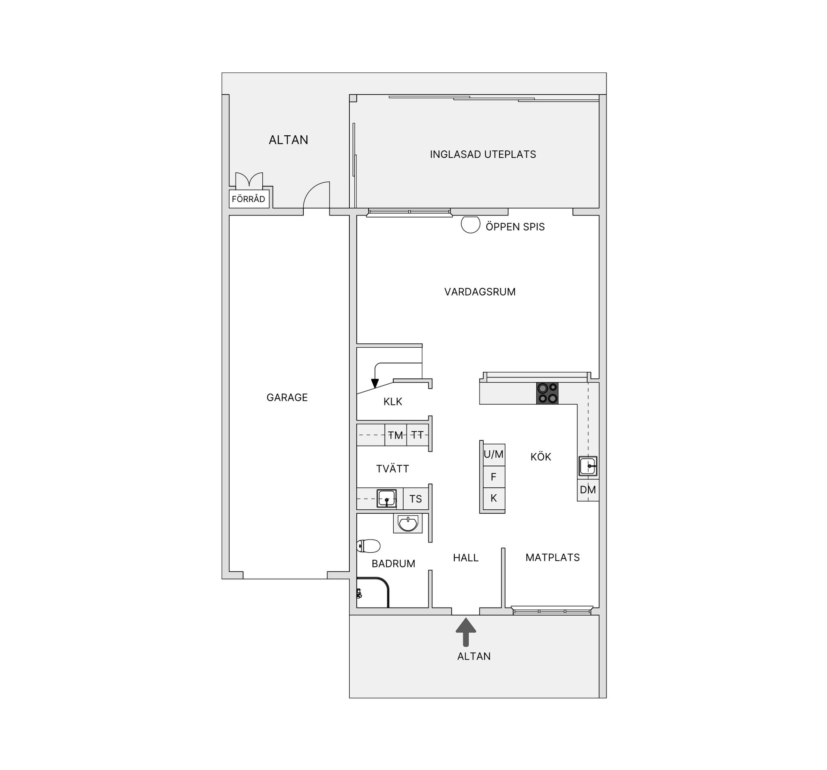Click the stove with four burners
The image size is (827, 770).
(547, 393)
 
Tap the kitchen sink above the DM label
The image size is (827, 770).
(588, 466)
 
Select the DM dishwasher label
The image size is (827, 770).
(588, 490)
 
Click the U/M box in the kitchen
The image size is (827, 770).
(494, 454)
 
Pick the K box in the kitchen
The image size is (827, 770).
(494, 498)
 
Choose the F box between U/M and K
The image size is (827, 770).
(494, 477)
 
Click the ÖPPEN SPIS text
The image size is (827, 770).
(515, 227)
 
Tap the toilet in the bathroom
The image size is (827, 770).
(369, 546)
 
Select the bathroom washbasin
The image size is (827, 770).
(407, 524)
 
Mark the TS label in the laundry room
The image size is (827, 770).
(415, 499)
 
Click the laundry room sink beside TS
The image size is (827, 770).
(387, 499)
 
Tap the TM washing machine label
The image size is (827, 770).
(395, 435)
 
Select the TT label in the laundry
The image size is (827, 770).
(417, 435)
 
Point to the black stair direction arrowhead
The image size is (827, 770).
(375, 383)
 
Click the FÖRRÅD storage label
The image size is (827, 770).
(249, 200)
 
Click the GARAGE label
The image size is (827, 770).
(287, 398)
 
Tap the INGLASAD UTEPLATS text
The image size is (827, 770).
(483, 154)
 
